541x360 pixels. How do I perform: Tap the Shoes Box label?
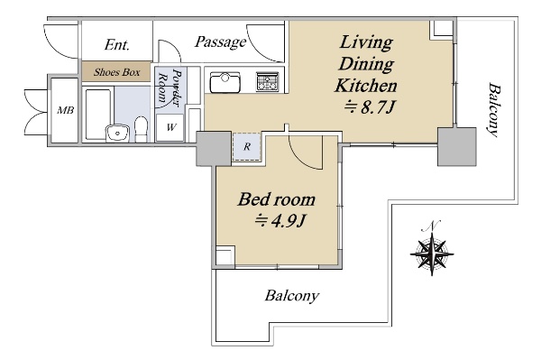117,72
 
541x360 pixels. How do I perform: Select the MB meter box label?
65,110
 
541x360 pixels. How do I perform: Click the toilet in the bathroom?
141,129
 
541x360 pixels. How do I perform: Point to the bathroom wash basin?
117,133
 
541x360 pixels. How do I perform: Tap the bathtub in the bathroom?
99,114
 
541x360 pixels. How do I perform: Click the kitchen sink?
225,82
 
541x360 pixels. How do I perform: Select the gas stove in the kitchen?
267,81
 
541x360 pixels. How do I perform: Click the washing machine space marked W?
170,127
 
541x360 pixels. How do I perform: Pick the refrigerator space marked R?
247,147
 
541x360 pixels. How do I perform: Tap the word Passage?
221,42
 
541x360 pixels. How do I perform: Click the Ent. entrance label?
117,44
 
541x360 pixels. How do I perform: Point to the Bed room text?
277,199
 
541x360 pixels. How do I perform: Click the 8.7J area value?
369,107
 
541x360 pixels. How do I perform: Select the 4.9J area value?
280,221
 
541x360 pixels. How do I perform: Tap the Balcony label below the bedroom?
292,296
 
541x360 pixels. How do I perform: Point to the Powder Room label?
170,87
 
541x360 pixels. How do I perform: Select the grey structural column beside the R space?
214,148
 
